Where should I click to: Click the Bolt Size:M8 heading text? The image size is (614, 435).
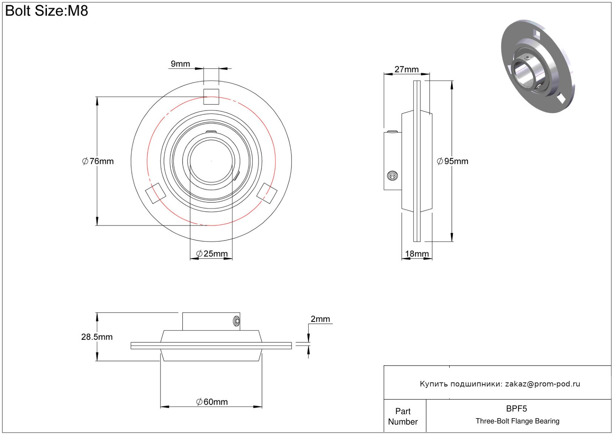(x=47, y=11)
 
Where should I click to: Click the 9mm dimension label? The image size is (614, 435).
(x=180, y=64)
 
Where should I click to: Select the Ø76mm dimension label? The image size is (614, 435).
(x=98, y=161)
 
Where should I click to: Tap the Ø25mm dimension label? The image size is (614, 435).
(x=212, y=254)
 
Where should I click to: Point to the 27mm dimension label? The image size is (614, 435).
(x=406, y=69)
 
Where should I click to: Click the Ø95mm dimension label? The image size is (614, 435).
(x=453, y=161)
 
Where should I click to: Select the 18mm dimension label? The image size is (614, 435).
(x=417, y=254)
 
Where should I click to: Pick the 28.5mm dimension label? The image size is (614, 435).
(x=97, y=337)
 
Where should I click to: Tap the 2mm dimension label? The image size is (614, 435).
(x=320, y=319)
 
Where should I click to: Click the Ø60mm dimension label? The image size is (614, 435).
(x=212, y=402)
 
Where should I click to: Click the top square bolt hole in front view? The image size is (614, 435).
(x=211, y=97)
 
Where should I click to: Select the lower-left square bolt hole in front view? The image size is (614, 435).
(x=156, y=193)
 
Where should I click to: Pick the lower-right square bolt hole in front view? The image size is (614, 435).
(x=267, y=193)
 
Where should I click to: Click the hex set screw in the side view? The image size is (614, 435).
(x=393, y=176)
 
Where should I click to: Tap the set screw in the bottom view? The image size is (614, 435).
(x=237, y=321)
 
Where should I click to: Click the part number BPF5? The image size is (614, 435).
(x=516, y=409)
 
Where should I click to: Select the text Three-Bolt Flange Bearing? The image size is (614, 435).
(x=517, y=421)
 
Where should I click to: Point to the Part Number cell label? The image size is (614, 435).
(x=403, y=417)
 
